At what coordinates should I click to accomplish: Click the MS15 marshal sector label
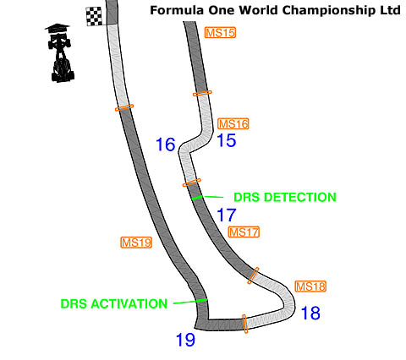(220, 33)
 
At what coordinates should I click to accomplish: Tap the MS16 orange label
(233, 124)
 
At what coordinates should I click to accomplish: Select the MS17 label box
(244, 232)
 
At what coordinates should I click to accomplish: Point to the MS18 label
(310, 286)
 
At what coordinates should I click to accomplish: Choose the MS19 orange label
(136, 243)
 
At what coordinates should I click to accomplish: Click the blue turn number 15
(227, 140)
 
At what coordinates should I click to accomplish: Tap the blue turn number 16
(166, 145)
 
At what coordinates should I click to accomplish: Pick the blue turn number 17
(227, 215)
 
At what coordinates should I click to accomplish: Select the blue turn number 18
(310, 313)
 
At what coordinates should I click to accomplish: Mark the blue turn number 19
(185, 340)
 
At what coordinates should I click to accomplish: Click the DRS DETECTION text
(285, 197)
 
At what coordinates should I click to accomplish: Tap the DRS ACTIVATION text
(114, 303)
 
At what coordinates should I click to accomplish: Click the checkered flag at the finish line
(94, 17)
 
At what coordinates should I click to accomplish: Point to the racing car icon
(62, 57)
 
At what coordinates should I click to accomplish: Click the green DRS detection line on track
(197, 198)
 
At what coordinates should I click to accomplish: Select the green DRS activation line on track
(201, 301)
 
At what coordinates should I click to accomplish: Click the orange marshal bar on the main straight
(124, 107)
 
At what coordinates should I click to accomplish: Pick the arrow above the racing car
(58, 28)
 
